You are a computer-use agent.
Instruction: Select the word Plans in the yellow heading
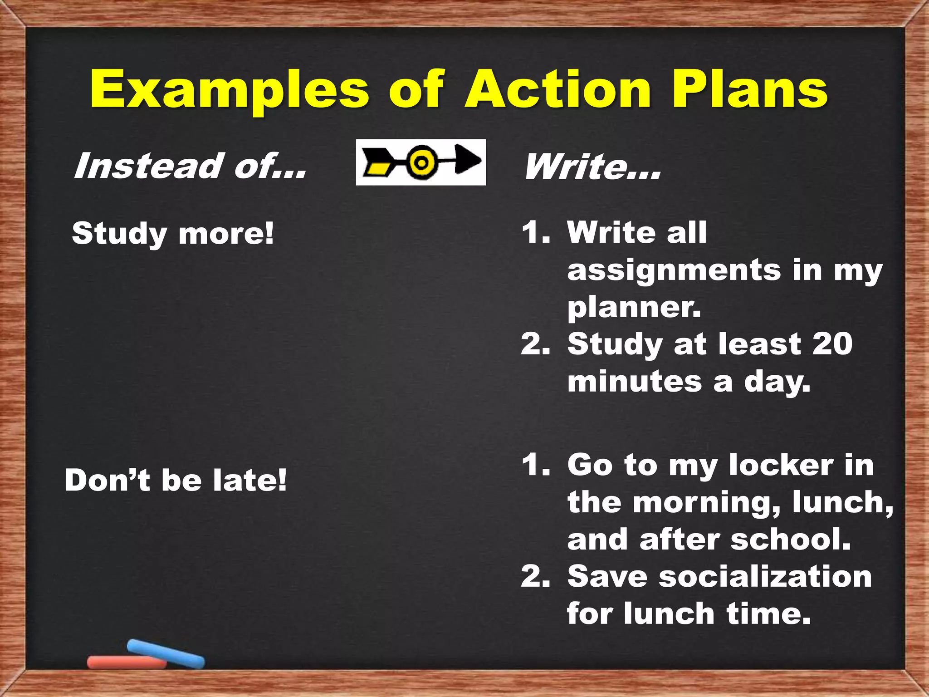tap(750, 90)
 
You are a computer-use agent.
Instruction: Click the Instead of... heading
tap(190, 166)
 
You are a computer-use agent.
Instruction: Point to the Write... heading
tap(592, 167)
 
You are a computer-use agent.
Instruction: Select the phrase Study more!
tap(173, 233)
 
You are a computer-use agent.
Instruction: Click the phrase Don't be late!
tap(176, 480)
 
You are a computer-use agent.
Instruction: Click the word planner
tap(634, 309)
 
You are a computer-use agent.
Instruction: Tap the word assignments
tap(674, 271)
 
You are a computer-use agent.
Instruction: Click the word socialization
tap(765, 576)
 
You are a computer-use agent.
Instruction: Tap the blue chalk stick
tap(166, 653)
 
